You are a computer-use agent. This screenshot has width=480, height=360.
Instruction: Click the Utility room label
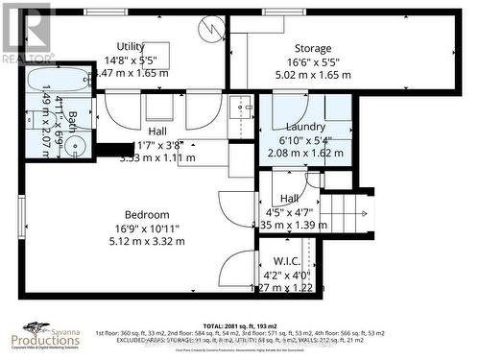[131, 46]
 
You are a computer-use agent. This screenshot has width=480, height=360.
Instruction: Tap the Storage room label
[313, 48]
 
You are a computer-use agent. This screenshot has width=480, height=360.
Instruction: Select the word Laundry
[305, 127]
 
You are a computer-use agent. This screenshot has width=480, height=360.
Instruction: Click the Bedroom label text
[147, 214]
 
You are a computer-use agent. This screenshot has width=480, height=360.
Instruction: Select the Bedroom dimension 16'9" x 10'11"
[147, 228]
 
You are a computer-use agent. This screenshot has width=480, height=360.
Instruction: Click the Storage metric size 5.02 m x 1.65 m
[313, 73]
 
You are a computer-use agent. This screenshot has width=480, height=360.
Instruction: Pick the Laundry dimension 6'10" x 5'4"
[305, 139]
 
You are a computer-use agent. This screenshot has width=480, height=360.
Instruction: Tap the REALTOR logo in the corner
[26, 29]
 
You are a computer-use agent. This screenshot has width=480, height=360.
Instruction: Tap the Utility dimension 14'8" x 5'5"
[131, 60]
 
